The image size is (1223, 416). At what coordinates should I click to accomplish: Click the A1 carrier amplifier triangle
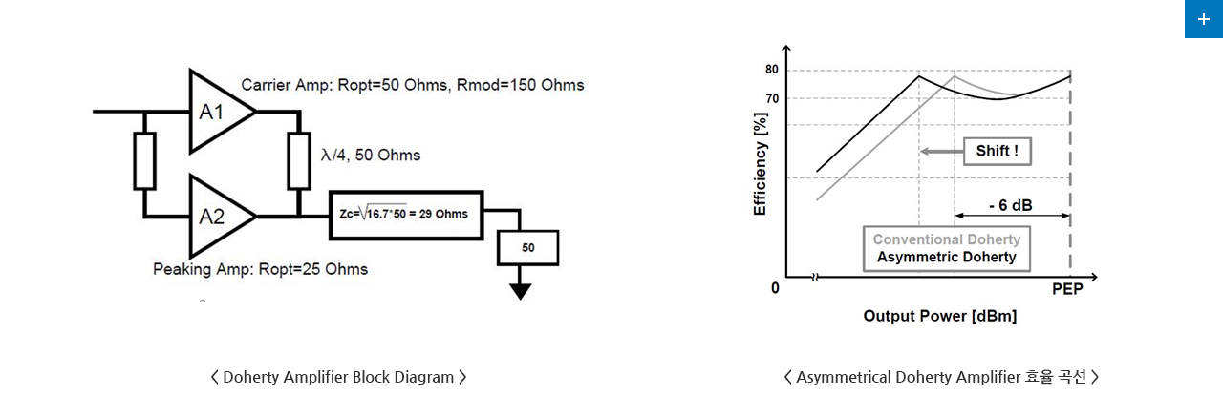click(x=219, y=112)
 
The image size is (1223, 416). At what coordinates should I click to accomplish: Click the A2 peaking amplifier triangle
click(x=219, y=217)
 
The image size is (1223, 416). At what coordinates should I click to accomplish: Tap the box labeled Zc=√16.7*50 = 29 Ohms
click(x=406, y=215)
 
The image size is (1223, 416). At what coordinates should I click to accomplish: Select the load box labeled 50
click(x=527, y=248)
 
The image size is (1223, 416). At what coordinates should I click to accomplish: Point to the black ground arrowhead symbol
click(x=521, y=292)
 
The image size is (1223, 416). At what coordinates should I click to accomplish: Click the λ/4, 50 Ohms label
click(x=371, y=156)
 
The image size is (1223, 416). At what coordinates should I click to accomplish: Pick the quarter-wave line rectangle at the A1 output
click(x=299, y=161)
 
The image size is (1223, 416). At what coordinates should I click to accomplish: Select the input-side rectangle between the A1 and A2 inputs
click(x=144, y=161)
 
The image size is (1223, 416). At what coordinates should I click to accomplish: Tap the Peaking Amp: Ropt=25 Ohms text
click(x=261, y=269)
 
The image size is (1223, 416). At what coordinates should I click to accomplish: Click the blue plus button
click(x=1203, y=19)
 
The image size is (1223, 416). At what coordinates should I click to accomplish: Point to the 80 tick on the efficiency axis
click(x=771, y=70)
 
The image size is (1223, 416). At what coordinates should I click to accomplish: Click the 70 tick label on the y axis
click(x=772, y=98)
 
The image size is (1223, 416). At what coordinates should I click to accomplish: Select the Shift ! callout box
click(x=997, y=151)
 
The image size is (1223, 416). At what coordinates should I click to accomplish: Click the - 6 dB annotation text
click(x=1011, y=205)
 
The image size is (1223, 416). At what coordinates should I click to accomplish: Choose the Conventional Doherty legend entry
click(x=947, y=239)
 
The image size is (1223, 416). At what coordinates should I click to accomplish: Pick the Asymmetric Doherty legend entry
click(x=947, y=257)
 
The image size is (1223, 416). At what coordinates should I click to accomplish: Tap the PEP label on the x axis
click(x=1067, y=289)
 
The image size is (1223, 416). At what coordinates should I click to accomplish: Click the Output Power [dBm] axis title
click(x=939, y=316)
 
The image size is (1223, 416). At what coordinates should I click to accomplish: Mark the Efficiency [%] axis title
click(x=760, y=163)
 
